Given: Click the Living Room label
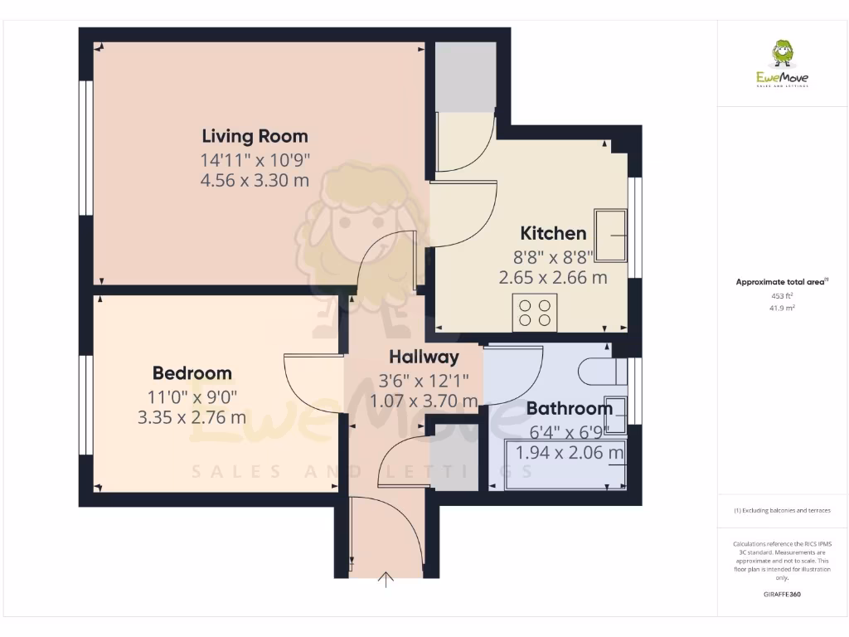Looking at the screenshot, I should (255, 136).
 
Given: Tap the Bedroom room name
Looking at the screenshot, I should (192, 373).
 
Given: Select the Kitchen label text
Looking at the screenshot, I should (553, 233).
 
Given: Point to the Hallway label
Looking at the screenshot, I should (424, 357).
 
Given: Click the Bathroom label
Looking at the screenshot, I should (570, 408).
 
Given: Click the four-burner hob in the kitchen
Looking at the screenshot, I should (535, 313).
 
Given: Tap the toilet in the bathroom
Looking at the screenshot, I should (599, 371).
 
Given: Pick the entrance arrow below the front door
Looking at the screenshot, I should (386, 579).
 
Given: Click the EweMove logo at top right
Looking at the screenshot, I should (782, 64).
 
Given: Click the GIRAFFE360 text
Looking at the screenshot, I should (782, 595).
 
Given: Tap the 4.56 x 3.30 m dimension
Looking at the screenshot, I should (255, 179).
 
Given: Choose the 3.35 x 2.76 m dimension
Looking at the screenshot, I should (192, 417).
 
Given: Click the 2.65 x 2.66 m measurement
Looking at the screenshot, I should (553, 278).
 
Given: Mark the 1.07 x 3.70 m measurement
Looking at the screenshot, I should (424, 401).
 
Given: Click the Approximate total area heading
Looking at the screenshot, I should (780, 283).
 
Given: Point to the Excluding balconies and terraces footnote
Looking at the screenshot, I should (782, 511).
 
